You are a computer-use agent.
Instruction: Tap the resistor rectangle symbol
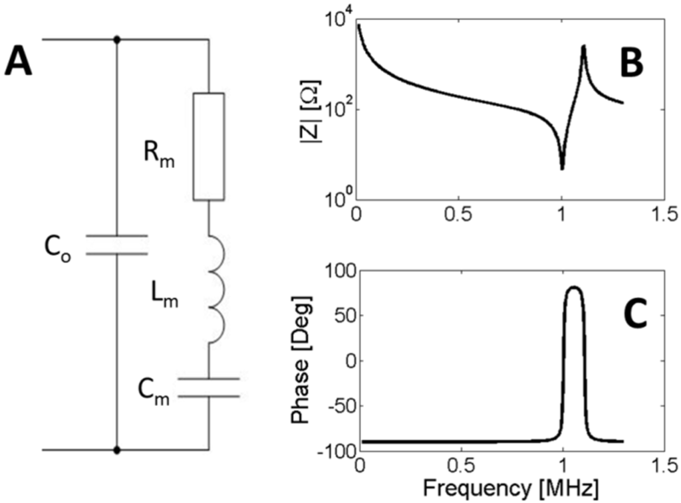pos(209,146)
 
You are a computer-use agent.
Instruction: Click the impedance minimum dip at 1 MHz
pos(562,167)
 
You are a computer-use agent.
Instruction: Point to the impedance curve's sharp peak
pos(583,47)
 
